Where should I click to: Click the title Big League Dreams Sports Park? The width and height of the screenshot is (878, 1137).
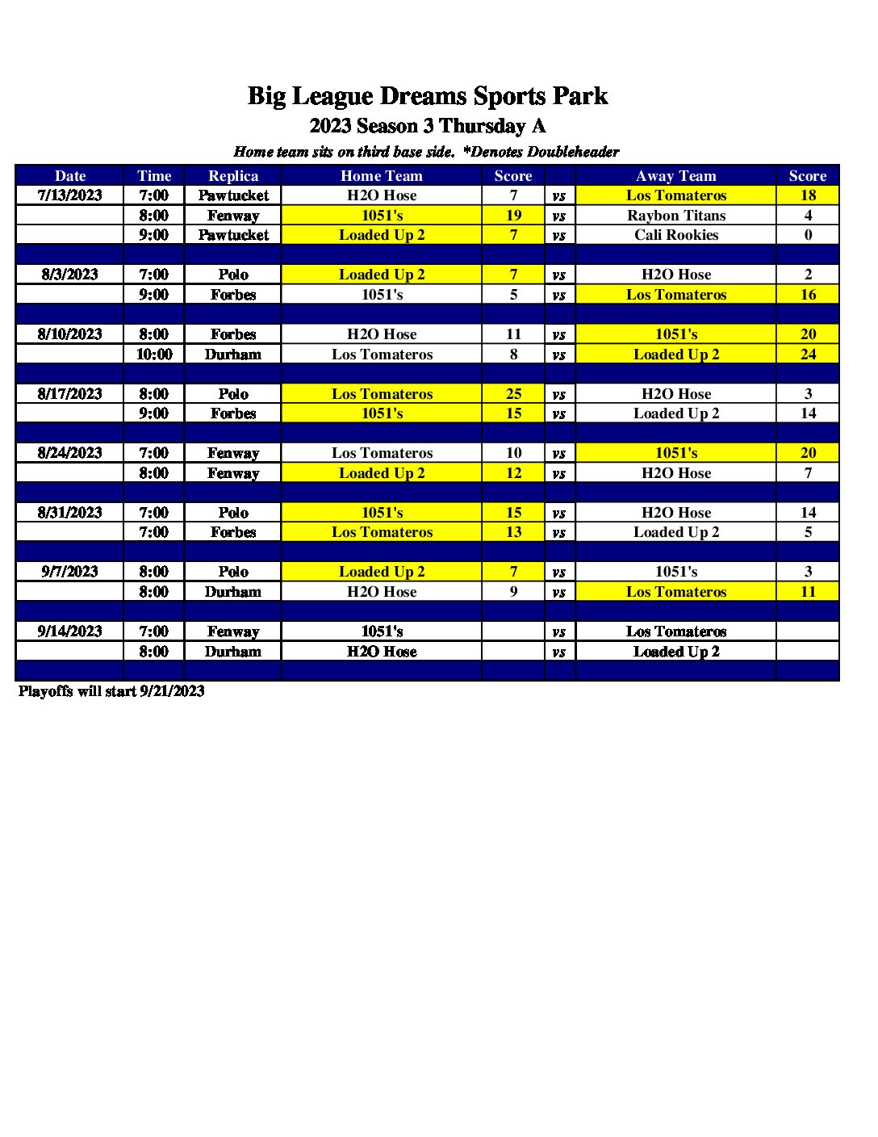coord(427,96)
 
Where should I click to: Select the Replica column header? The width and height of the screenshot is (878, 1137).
coord(233,176)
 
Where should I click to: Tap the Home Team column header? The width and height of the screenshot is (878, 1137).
coord(381,176)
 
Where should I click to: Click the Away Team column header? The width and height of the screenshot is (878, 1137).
coord(675,176)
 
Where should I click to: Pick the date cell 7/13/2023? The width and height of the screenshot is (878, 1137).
coord(70,195)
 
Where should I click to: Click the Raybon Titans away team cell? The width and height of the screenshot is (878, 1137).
coord(676,216)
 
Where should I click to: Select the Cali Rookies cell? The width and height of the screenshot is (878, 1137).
coord(676,235)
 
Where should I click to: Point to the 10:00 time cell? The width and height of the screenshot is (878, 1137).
coord(154,354)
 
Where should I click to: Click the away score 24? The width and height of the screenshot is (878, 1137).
coord(808,354)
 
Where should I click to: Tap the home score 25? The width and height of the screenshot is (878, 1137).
coord(513,394)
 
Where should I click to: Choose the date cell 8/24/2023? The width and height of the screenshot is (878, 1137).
coord(70,453)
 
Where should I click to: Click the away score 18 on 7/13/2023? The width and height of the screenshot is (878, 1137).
coord(808,195)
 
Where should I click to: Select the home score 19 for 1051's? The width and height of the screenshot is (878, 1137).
coord(513,216)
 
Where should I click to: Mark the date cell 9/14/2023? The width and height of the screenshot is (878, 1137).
coord(70,631)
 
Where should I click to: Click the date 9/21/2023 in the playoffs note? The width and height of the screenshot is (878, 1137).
coord(172,691)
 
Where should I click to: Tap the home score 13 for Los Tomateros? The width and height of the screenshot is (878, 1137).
coord(513,532)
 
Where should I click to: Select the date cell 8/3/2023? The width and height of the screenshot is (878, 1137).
coord(70,275)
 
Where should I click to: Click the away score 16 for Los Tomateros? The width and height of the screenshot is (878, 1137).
coord(808,295)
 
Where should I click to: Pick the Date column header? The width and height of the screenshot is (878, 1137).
coord(70,176)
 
